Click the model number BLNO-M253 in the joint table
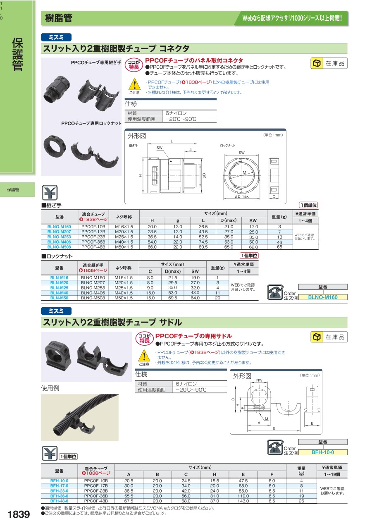pos(59,237)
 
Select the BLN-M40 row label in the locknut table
pos(59,293)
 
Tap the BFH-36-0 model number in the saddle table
pos(59,496)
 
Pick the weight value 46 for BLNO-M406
pos(279,242)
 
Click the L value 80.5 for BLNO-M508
pos(203,247)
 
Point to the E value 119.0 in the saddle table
pos(243,496)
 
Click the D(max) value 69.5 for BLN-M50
pos(172,298)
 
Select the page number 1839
pos(19,514)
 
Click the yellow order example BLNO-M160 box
pos(323,297)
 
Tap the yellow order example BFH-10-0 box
pos(323,452)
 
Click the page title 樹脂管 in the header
pos(59,18)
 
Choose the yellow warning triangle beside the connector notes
pos(134,84)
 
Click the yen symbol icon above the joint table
pos(50,193)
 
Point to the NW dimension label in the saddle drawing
pos(259,380)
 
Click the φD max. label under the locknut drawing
pos(242,196)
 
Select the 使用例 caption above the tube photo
pos(50,388)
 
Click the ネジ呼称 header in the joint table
pos(124,217)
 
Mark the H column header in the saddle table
pos(214,474)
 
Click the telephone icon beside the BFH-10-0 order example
pos(275,448)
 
